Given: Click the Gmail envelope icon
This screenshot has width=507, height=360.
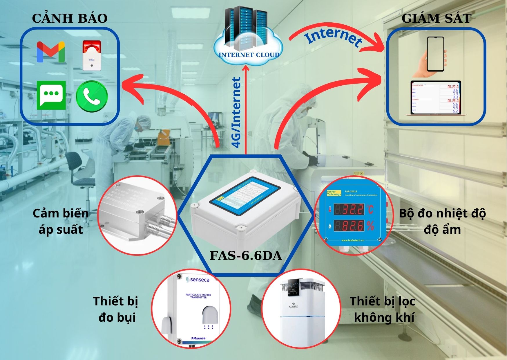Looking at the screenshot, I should (x=51, y=52).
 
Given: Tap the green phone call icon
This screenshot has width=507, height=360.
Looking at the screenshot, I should (x=92, y=96).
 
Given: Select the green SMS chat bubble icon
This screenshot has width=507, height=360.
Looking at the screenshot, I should (x=51, y=95).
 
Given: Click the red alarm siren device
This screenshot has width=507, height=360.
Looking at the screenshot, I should (x=92, y=55).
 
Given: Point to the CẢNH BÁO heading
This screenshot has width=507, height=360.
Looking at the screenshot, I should (x=70, y=18).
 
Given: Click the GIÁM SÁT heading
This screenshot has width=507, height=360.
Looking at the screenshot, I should (x=436, y=18).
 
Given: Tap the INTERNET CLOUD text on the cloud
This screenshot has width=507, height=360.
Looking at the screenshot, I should (x=249, y=55).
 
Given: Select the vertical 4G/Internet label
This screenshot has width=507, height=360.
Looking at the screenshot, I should (x=237, y=113).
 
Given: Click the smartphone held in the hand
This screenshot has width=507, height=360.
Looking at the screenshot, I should (x=435, y=54).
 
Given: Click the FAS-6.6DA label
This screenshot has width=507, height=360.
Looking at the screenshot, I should (x=246, y=255).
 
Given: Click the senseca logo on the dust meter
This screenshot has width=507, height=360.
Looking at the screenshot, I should (x=198, y=280).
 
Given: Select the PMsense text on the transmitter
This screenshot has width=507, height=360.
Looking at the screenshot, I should (x=198, y=338).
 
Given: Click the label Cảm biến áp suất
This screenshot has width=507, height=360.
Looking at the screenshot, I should (x=61, y=221).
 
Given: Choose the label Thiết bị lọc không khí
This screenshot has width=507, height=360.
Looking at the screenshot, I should (x=383, y=309).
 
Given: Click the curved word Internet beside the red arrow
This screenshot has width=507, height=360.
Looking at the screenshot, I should (x=334, y=38).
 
